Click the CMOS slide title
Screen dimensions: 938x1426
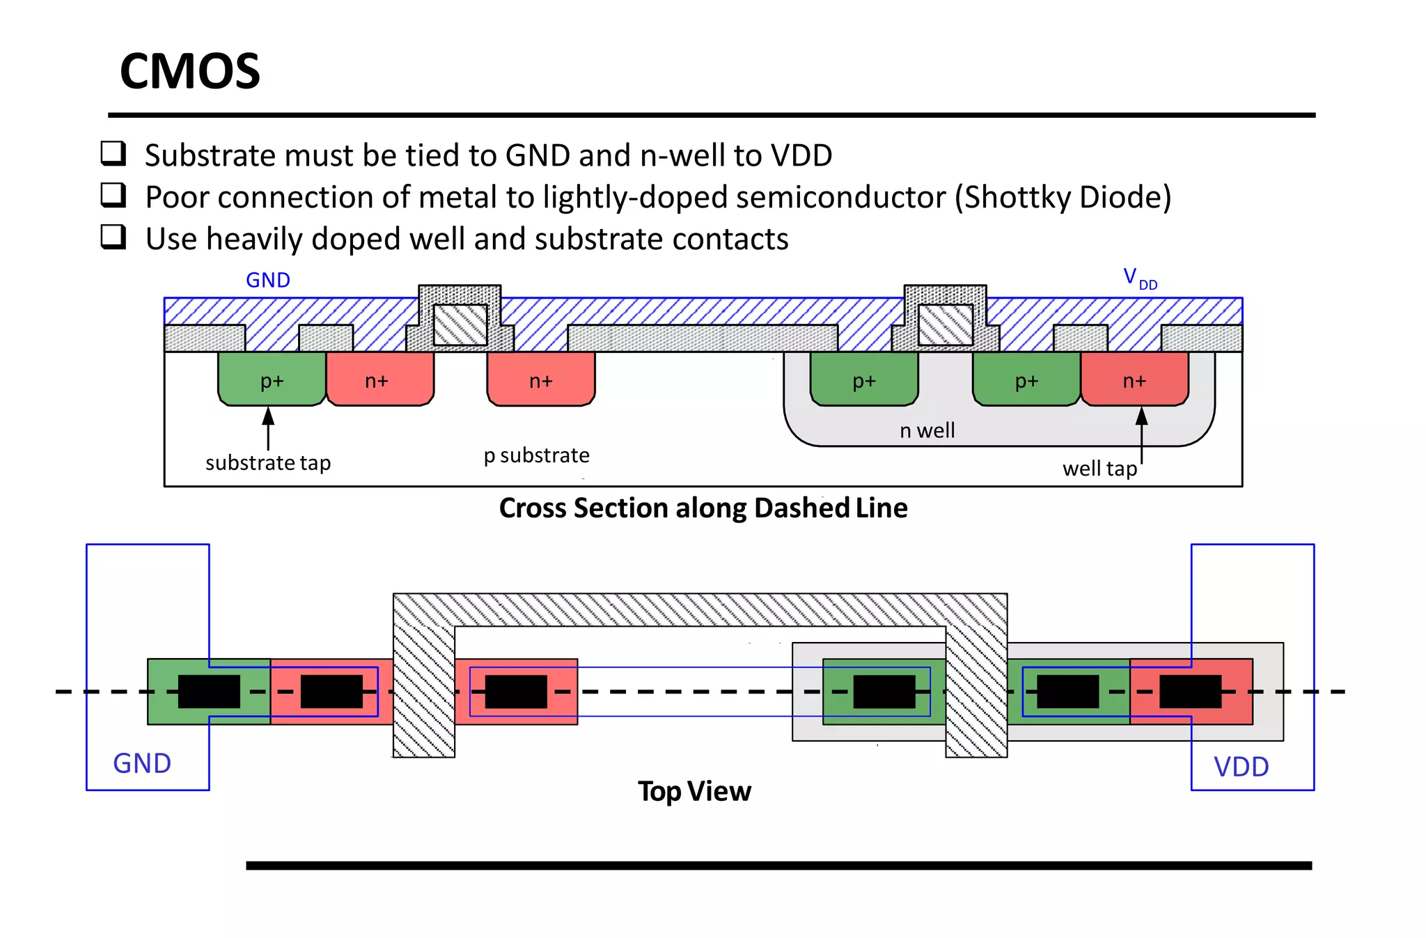[x=189, y=71]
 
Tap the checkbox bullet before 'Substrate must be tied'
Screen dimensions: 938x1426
[x=113, y=153]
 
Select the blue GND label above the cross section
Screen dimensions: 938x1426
[x=268, y=280]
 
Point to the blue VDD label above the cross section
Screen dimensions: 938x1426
[x=1139, y=279]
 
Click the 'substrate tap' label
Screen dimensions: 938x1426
[x=268, y=463]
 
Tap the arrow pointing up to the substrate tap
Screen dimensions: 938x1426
[x=268, y=428]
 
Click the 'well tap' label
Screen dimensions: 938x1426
[x=1099, y=469]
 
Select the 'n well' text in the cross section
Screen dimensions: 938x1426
[x=927, y=430]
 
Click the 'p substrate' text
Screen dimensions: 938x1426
[x=536, y=455]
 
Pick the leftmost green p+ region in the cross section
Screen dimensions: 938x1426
[x=272, y=380]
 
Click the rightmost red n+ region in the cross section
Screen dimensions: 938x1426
[x=1134, y=380]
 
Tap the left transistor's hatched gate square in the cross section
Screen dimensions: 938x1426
[x=460, y=325]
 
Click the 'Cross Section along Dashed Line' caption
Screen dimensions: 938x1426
[x=703, y=508]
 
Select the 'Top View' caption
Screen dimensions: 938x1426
[x=694, y=792]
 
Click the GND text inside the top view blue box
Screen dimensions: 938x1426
[x=142, y=764]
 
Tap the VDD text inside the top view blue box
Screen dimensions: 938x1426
[x=1241, y=767]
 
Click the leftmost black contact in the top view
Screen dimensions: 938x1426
[x=209, y=691]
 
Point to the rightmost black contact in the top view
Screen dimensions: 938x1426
[x=1190, y=691]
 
